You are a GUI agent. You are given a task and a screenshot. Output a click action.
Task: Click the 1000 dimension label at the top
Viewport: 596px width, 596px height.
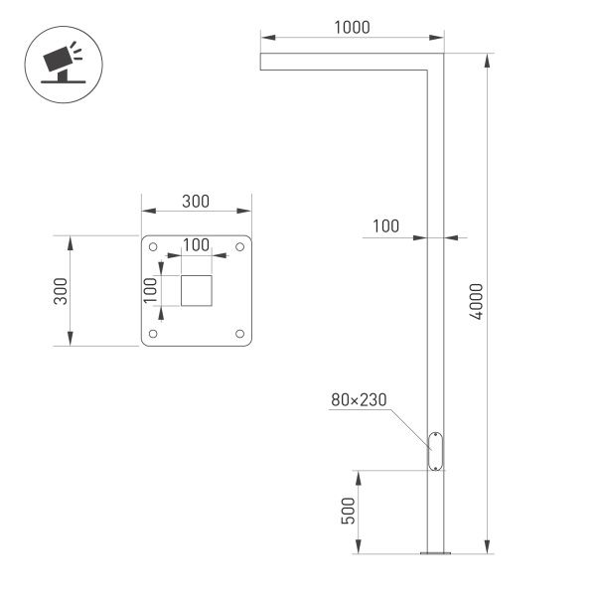tap(352, 28)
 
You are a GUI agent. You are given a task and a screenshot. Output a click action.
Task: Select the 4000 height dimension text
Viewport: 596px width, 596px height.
tap(477, 302)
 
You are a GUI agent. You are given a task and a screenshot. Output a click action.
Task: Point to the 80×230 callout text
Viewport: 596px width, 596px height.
tap(359, 401)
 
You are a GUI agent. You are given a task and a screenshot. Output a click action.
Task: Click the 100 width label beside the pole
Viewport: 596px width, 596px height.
tap(386, 226)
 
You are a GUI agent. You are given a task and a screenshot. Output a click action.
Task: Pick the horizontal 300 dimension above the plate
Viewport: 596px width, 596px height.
tap(196, 201)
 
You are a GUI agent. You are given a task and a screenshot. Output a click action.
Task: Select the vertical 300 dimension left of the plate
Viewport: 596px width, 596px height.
tap(60, 290)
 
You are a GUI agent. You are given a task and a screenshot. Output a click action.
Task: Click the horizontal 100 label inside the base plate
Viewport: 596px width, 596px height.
tap(196, 245)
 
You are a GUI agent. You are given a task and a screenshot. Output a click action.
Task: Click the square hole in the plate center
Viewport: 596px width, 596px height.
tap(196, 291)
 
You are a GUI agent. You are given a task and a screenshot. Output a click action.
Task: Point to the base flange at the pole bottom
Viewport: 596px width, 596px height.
tap(435, 552)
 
